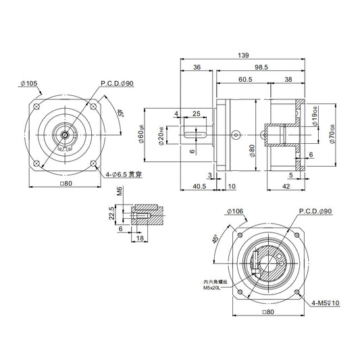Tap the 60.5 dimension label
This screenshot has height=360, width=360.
tap(245, 80)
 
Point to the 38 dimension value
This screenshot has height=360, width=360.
tap(288, 80)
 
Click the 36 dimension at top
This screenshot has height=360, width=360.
tap(197, 68)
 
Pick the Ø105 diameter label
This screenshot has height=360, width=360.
tap(30, 84)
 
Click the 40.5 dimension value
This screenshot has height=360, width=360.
tap(199, 186)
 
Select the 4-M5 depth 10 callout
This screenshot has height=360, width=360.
tap(327, 304)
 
